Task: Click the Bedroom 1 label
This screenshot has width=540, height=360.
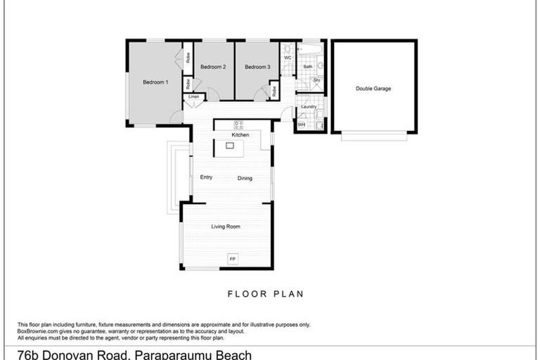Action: [155, 82]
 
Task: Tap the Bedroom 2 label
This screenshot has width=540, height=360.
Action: [213, 67]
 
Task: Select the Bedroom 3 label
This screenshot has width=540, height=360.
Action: [257, 67]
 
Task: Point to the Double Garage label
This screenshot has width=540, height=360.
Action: [373, 89]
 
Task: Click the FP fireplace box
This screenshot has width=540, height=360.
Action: [233, 259]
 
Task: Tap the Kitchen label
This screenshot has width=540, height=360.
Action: [240, 134]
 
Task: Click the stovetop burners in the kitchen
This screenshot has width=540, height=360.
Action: [238, 125]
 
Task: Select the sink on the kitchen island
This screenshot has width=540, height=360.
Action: [229, 146]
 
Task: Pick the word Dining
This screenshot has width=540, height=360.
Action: [245, 179]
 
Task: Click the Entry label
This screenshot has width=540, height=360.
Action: [206, 177]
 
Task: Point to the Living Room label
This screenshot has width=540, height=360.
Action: [226, 226]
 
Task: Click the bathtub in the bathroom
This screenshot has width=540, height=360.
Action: [309, 50]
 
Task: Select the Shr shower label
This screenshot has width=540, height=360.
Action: [316, 81]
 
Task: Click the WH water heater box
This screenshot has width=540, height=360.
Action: [302, 125]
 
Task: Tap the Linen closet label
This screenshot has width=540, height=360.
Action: [193, 96]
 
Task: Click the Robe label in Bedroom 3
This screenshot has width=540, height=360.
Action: [274, 90]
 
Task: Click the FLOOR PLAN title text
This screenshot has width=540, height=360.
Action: [265, 294]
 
